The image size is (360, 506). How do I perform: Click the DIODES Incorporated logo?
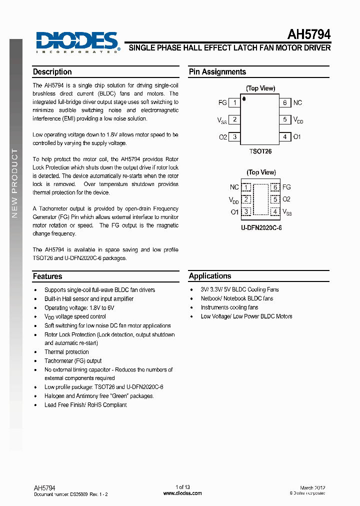[77, 42]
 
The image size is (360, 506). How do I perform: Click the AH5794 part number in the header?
[308, 34]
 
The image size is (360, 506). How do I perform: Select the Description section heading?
[52, 72]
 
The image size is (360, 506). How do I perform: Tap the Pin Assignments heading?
[217, 72]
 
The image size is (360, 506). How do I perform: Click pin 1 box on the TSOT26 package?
[235, 103]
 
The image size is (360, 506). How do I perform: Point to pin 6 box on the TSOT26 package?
[285, 103]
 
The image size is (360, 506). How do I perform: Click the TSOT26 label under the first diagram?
[260, 150]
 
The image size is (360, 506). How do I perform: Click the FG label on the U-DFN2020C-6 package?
[286, 187]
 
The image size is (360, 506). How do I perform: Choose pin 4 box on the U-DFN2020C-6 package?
[274, 212]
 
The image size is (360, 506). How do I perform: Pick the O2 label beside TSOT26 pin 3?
[223, 137]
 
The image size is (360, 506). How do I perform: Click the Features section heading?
[47, 276]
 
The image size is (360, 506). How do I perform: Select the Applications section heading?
[210, 276]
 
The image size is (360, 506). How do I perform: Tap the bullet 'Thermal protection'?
[66, 352]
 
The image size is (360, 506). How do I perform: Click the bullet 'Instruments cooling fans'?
[229, 307]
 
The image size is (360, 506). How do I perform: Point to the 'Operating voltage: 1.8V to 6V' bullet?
[79, 308]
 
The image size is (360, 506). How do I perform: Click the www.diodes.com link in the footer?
[182, 493]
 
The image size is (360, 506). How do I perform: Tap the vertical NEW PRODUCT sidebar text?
[15, 183]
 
